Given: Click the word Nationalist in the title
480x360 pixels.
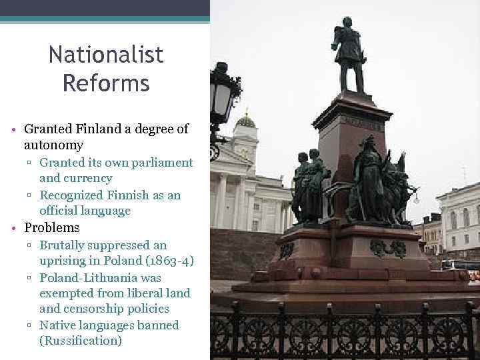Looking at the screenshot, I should (x=106, y=55).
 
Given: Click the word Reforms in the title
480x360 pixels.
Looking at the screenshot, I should (x=106, y=84).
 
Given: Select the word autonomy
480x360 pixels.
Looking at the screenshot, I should (x=53, y=145).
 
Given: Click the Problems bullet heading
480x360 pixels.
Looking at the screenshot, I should (x=51, y=227).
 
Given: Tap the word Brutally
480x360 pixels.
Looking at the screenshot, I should (x=67, y=245).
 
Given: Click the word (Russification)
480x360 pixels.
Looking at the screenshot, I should (x=81, y=341).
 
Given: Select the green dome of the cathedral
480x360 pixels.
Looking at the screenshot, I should (x=245, y=121).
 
